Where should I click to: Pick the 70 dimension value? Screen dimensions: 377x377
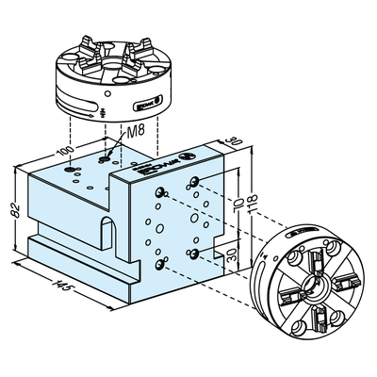pos(240,204)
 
